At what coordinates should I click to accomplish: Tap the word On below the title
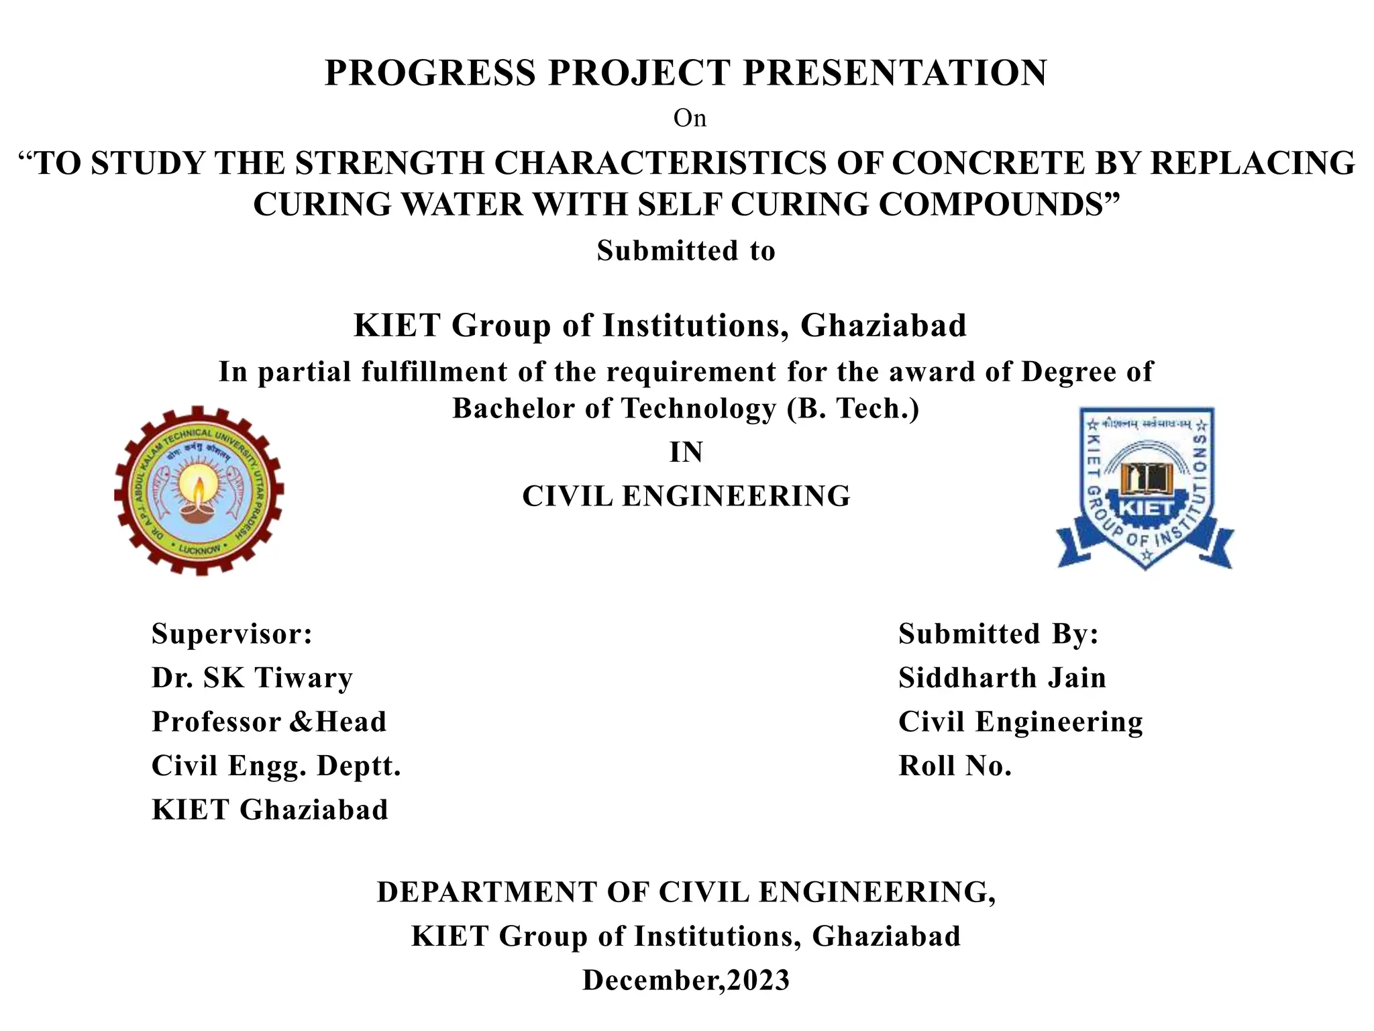point(690,119)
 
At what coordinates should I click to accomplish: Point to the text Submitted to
point(686,251)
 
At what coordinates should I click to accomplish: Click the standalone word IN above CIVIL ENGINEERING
point(686,452)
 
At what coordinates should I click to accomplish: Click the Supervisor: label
point(232,634)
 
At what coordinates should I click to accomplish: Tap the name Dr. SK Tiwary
point(252,678)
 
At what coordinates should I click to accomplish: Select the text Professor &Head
point(269,722)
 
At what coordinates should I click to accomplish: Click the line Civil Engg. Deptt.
point(276,766)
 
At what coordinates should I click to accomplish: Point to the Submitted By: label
point(998,634)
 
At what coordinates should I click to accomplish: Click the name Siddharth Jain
point(1002,678)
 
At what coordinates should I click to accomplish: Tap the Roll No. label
point(955,766)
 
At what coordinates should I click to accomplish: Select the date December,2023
point(686,981)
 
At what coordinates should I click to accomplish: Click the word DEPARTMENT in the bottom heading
point(487,893)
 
